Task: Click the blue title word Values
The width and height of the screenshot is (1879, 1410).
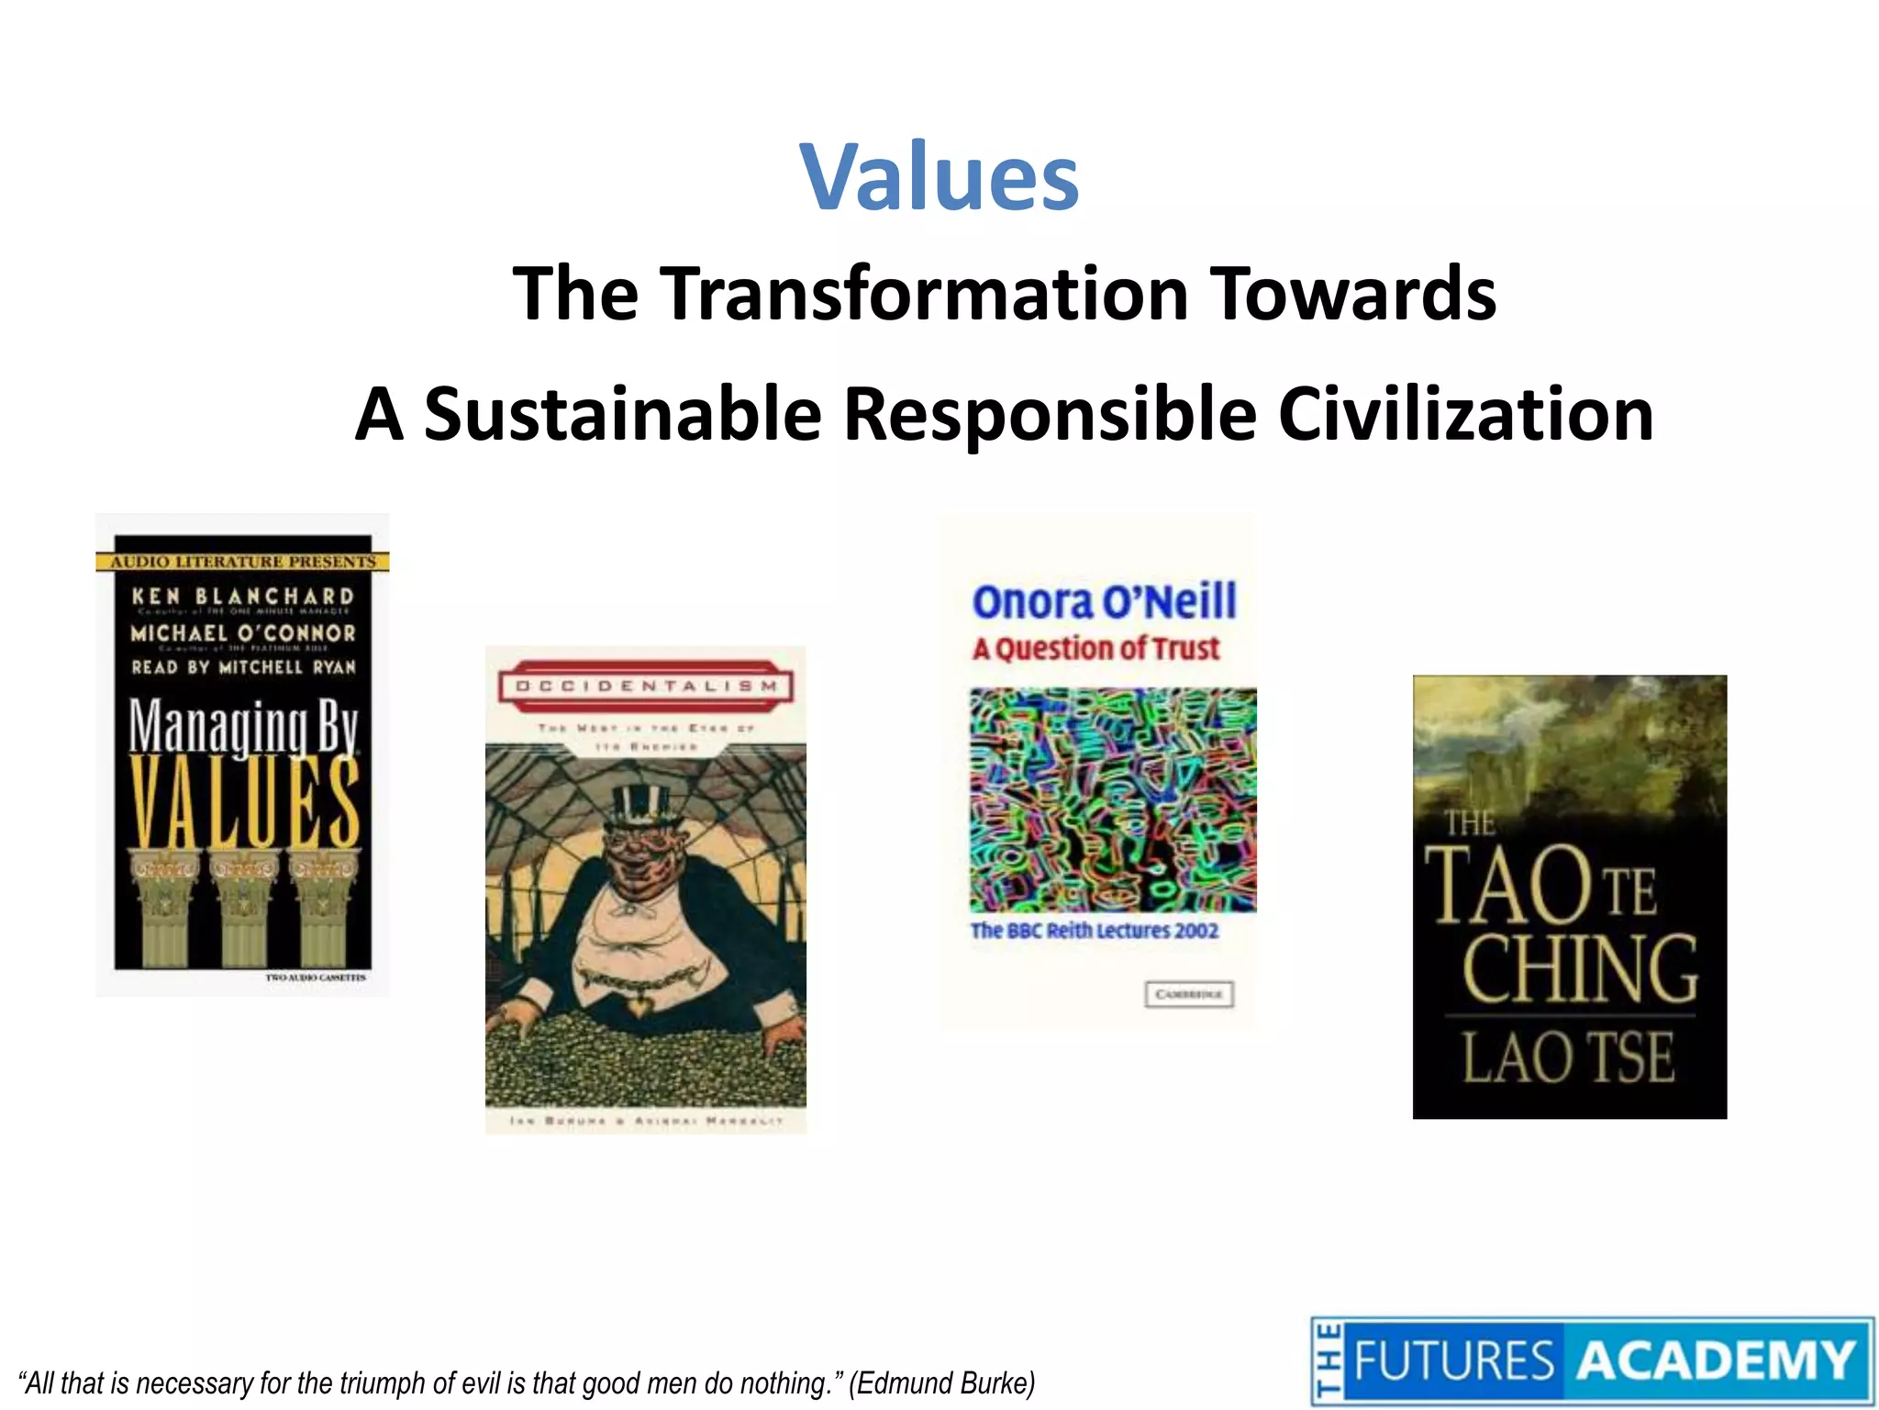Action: pos(939,176)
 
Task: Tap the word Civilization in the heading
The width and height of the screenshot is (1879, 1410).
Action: pos(1465,415)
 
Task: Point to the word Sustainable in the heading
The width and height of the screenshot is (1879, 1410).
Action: pos(622,415)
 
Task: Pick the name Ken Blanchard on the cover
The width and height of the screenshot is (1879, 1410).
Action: pos(243,597)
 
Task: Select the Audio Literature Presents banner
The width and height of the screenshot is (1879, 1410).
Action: pos(243,561)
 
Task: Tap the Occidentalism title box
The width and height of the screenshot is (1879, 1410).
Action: pos(646,686)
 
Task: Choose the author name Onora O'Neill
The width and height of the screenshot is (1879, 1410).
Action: pos(1105,602)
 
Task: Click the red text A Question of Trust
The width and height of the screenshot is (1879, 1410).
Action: pos(1095,649)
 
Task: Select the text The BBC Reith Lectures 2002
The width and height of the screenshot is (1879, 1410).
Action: pos(1095,931)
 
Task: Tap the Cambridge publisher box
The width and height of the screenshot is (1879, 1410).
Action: pos(1189,994)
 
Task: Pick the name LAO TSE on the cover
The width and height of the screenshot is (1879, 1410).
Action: pos(1569,1057)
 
